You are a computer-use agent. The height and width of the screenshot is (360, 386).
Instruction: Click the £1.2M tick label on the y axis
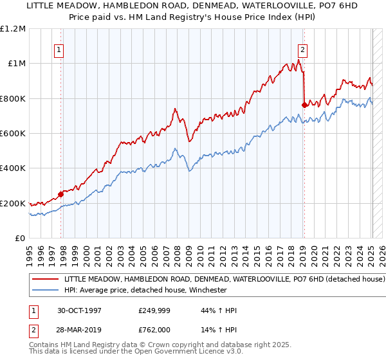click(13, 28)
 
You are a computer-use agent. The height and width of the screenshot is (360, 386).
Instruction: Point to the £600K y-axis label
click(13, 134)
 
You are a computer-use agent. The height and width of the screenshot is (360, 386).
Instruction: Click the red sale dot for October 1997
click(61, 194)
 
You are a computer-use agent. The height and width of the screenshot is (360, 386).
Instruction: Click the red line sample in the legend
click(46, 280)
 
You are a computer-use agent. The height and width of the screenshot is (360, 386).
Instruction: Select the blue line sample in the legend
click(46, 290)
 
